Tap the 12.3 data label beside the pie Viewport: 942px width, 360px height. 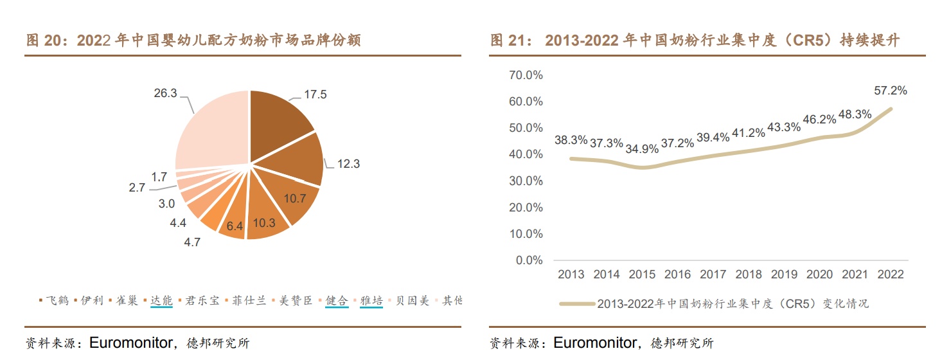click(x=348, y=164)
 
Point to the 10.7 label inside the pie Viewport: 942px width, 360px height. click(x=295, y=199)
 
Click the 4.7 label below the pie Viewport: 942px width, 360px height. click(x=193, y=242)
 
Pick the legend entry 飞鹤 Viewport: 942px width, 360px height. click(x=57, y=301)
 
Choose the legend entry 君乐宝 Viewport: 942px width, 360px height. click(x=202, y=301)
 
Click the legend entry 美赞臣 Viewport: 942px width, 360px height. click(x=295, y=301)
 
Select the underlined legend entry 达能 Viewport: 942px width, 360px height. click(x=161, y=301)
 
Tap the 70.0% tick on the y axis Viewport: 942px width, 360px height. click(x=526, y=75)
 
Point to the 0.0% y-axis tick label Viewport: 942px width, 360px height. click(x=529, y=260)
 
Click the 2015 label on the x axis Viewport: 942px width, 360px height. click(x=642, y=274)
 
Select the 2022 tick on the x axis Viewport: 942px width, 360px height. click(x=891, y=274)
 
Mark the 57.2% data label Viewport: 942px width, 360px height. click(x=891, y=91)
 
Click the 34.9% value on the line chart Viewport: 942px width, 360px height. click(x=641, y=149)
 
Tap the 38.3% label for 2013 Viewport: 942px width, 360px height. click(x=571, y=139)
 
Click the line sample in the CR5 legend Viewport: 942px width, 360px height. click(x=576, y=303)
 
